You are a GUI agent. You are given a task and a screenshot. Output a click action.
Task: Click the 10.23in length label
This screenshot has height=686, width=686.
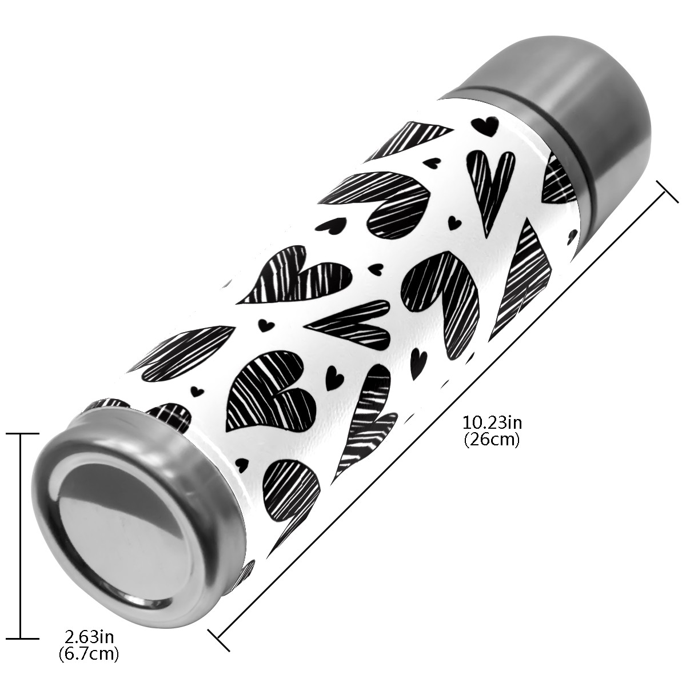tap(492, 423)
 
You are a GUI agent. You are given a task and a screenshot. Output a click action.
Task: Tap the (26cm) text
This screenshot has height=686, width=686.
tap(492, 440)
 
